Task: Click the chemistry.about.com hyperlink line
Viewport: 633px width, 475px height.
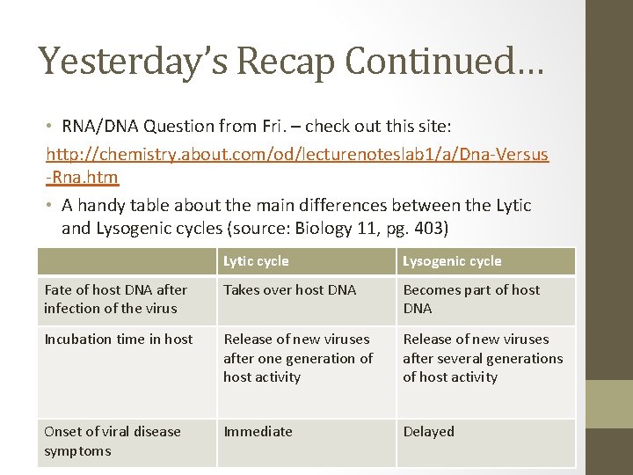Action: tap(297, 155)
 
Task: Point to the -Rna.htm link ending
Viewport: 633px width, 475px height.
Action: tap(82, 177)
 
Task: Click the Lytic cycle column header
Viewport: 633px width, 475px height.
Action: tap(256, 261)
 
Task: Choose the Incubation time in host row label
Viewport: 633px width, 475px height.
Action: tap(118, 340)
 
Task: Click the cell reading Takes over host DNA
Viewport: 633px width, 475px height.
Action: tap(289, 290)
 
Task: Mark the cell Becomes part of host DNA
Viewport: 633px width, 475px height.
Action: tap(470, 299)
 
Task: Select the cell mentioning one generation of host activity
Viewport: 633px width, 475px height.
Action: tap(297, 358)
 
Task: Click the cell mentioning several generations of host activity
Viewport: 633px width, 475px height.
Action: tap(482, 358)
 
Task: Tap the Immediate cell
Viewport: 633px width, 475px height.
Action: tap(258, 432)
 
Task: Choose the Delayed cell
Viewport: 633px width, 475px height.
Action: tap(428, 432)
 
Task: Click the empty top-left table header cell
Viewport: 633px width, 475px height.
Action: tap(127, 261)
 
